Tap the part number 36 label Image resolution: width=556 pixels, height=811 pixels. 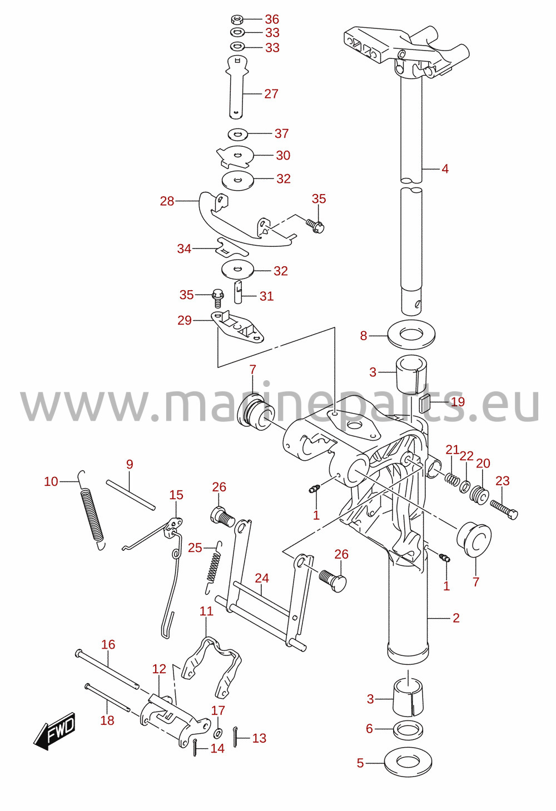(x=272, y=19)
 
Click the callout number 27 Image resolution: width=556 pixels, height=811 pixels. (x=271, y=94)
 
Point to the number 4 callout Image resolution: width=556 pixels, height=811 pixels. (x=445, y=169)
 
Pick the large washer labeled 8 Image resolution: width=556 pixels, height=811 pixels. (x=411, y=335)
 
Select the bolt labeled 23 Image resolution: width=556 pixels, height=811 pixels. (x=504, y=510)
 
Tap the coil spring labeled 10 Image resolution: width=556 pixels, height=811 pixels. (x=92, y=510)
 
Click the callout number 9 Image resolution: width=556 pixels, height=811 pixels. (x=130, y=464)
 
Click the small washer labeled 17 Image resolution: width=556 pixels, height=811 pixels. (x=219, y=734)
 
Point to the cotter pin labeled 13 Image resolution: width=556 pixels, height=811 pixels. (x=236, y=737)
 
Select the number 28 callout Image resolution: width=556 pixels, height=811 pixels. (x=167, y=201)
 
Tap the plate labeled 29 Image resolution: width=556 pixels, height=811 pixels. (x=237, y=327)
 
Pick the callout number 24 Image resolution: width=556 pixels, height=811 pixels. (x=262, y=578)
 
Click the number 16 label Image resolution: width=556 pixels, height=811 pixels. (x=108, y=644)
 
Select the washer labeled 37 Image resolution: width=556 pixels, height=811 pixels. (x=237, y=134)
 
